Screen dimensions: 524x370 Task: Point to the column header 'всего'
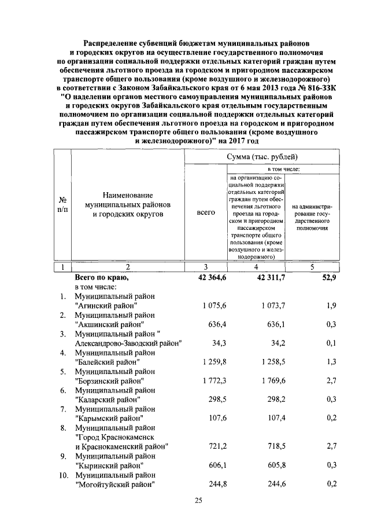[206, 212]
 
